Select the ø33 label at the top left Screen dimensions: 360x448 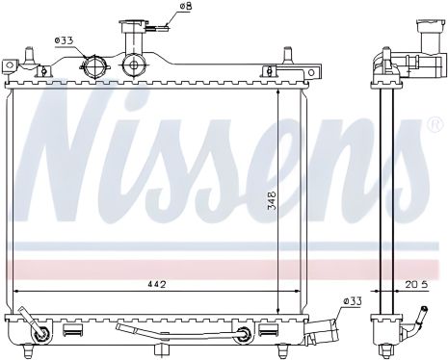[x=65, y=39]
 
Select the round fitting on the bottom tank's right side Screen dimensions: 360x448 [x=246, y=334]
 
